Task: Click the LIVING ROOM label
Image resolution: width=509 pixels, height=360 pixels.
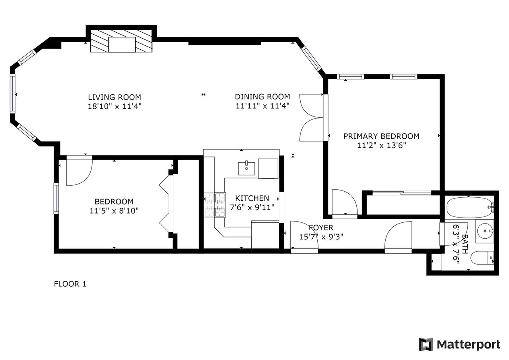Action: (115, 97)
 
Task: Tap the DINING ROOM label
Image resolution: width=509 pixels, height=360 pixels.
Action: (262, 97)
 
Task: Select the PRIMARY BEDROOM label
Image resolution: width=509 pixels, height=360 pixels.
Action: (381, 136)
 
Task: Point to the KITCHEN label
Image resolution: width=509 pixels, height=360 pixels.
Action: (252, 198)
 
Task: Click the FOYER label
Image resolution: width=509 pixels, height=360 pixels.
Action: (321, 228)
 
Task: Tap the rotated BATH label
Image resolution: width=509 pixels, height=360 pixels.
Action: (465, 244)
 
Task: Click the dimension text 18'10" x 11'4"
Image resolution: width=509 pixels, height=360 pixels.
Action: (115, 106)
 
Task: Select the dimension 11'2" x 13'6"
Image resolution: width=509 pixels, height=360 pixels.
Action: (381, 145)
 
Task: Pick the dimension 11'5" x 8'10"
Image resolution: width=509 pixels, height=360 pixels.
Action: (114, 211)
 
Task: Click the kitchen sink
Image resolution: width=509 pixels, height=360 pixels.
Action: (246, 169)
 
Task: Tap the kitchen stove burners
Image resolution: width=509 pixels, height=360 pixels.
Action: (215, 205)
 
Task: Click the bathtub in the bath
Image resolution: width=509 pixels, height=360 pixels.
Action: (470, 208)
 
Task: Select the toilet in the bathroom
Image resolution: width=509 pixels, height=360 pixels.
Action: (482, 258)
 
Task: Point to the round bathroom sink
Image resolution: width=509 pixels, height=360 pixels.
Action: (485, 231)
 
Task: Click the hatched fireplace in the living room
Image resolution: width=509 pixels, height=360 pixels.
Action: (121, 41)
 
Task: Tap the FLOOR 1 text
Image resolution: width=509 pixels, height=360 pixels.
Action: (70, 284)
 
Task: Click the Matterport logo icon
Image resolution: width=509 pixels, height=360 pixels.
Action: (426, 344)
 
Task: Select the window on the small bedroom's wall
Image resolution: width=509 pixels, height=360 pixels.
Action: (56, 198)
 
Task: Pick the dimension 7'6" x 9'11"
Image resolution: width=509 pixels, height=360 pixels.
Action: (252, 208)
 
